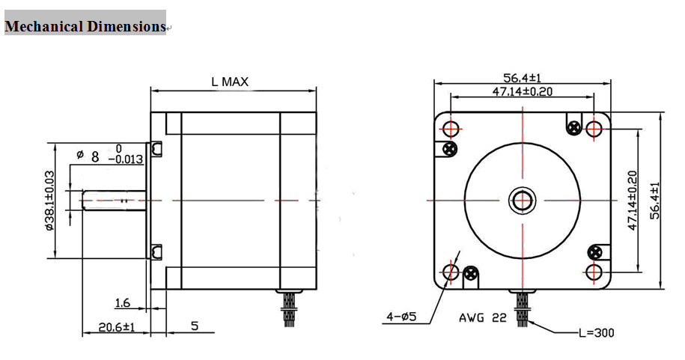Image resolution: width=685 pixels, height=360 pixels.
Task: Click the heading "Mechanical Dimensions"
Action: click(85, 26)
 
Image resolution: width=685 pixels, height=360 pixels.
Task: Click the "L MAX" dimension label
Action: click(230, 82)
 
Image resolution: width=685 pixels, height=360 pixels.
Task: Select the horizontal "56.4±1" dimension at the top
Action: click(522, 78)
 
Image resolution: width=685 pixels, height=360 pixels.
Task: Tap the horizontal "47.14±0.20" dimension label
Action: click(522, 91)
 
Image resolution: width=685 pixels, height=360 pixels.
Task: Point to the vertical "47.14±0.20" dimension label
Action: click(633, 201)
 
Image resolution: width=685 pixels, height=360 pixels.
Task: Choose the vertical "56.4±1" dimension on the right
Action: click(655, 201)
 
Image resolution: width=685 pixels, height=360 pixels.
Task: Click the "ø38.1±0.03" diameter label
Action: click(49, 201)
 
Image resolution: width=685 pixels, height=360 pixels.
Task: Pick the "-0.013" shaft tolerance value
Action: click(126, 159)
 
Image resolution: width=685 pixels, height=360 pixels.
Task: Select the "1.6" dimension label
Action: click(123, 303)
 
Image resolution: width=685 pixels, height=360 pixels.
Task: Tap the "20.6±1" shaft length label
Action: click(117, 327)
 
